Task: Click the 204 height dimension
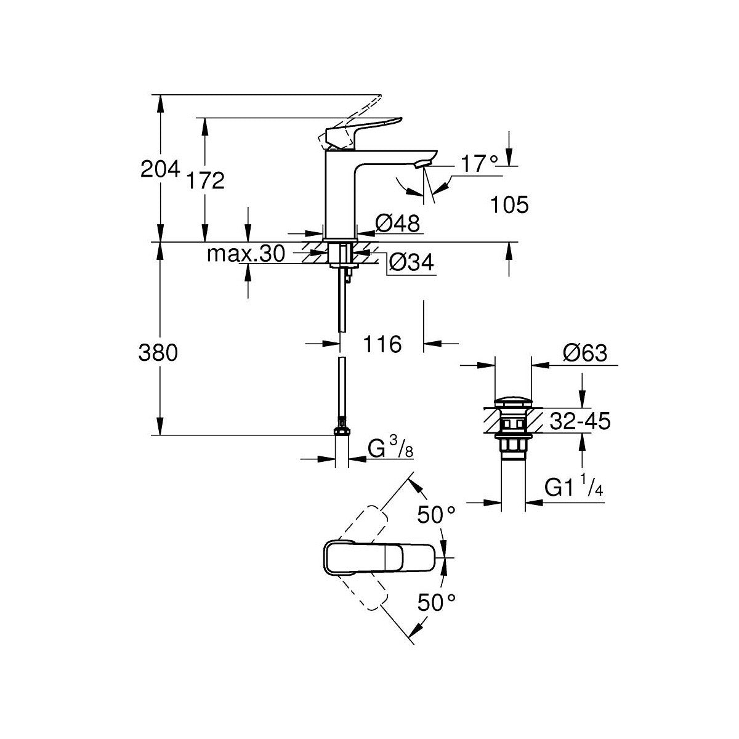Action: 160,169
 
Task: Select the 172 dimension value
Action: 205,180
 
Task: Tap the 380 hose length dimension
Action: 158,353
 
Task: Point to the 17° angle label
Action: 479,164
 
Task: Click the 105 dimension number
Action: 510,205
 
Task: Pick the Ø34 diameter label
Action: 411,264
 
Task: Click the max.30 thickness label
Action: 246,254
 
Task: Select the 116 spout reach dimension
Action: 382,344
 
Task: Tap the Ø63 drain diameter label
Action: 585,353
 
